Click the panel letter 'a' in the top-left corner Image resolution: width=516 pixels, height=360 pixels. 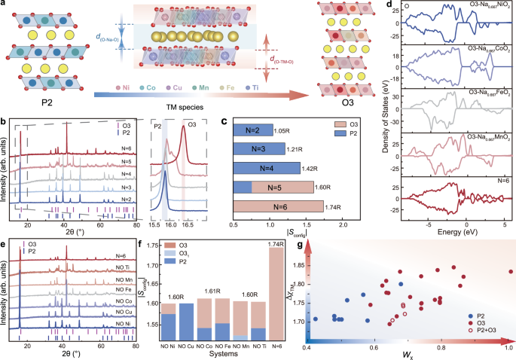point(5,6)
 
